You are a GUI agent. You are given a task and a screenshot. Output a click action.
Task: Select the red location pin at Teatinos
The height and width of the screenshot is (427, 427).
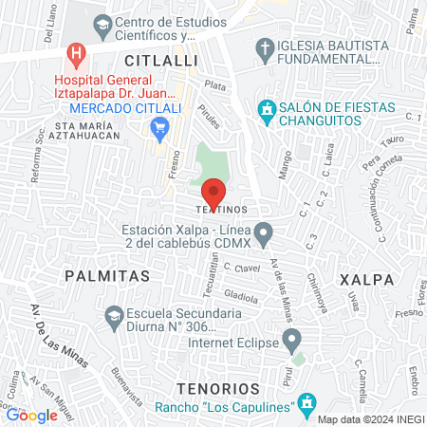pos(213,193)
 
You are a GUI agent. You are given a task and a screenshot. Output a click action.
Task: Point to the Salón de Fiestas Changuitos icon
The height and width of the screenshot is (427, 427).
pos(268,110)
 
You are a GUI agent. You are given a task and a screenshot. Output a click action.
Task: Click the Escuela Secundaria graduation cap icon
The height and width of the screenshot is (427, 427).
pos(113,314)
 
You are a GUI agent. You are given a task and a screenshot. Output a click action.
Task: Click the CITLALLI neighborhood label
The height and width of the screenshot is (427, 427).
pos(167,60)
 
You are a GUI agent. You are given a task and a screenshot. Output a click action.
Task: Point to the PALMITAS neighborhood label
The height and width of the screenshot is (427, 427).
pos(107,275)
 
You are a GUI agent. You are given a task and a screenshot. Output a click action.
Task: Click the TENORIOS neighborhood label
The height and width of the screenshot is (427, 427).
pos(217,388)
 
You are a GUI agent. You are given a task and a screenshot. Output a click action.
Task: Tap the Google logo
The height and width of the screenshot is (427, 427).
pos(31,414)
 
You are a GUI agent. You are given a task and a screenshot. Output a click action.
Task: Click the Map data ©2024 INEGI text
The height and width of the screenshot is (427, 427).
pos(369,419)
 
